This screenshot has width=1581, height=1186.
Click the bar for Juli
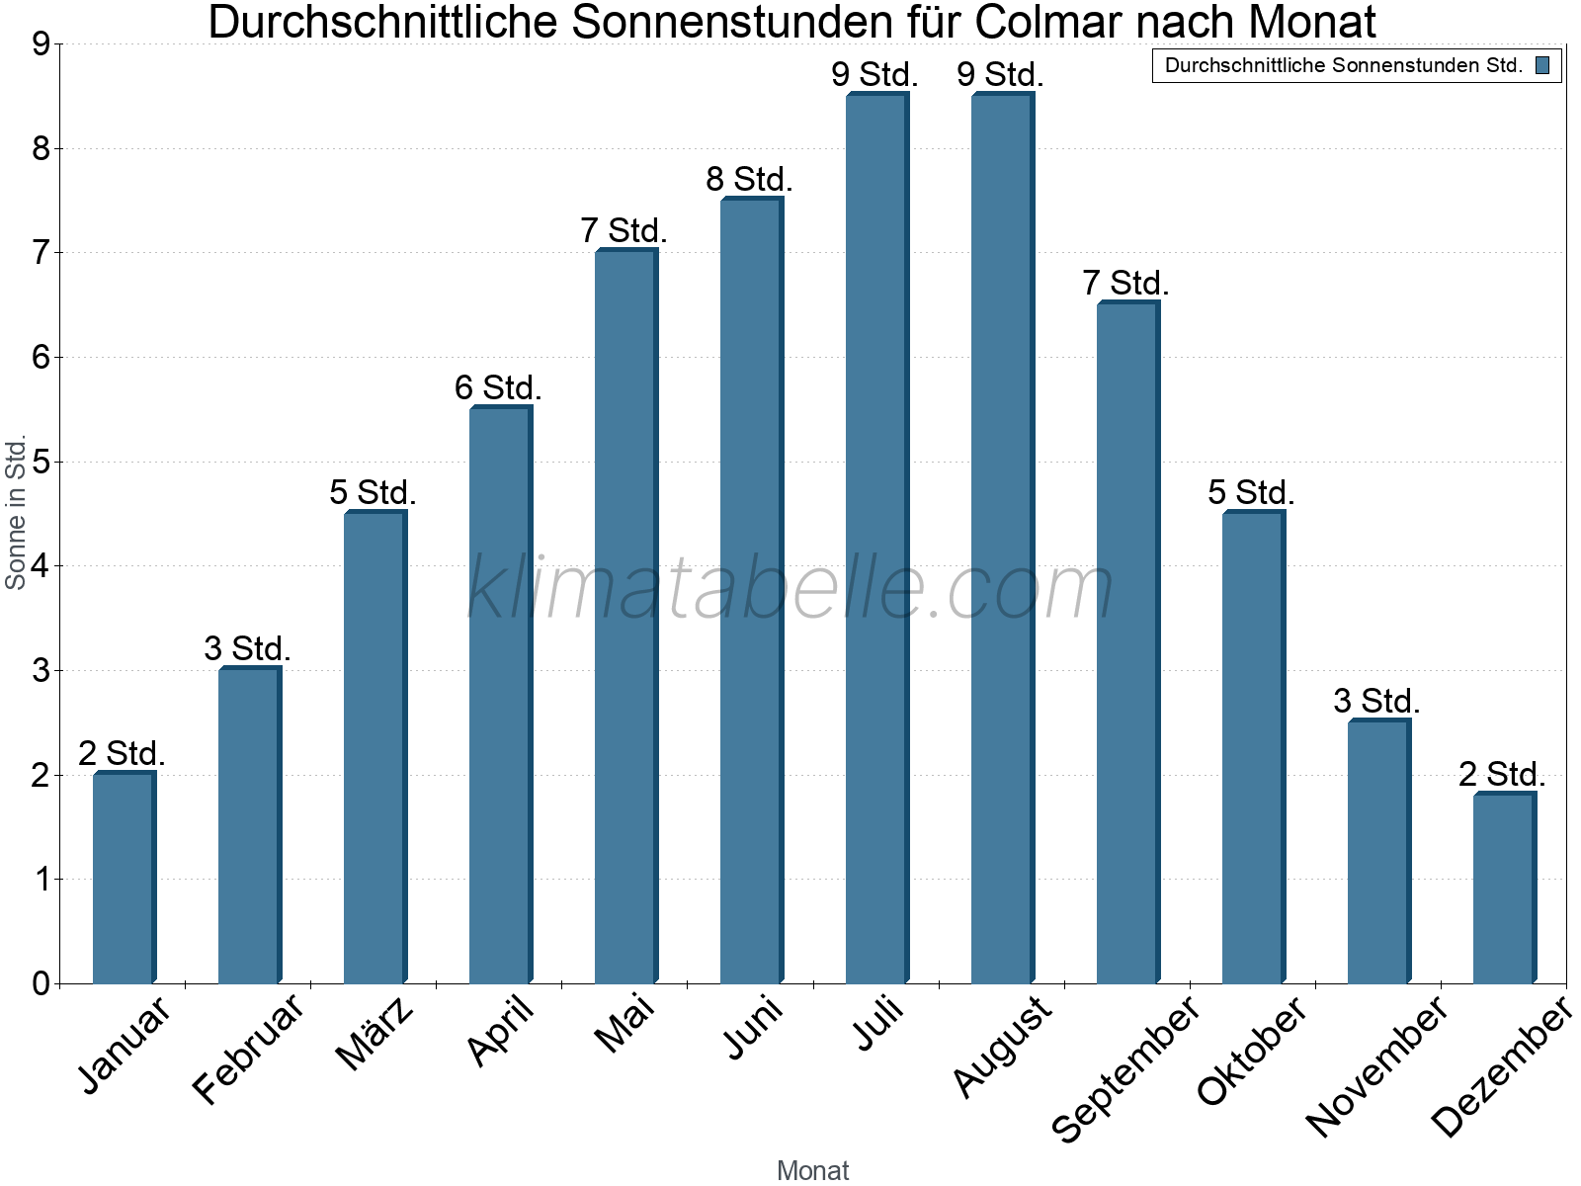876,539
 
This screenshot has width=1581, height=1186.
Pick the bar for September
1127,642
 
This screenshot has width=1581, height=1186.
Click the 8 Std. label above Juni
749,180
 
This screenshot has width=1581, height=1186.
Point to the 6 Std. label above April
498,387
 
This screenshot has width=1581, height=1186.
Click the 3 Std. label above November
1376,702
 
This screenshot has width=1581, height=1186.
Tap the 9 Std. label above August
1000,74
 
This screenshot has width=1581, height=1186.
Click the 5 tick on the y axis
41,462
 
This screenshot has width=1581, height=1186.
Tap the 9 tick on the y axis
41,44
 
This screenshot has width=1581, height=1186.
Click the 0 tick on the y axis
41,983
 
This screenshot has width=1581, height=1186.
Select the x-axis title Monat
812,1170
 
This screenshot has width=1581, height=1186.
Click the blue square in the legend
1542,66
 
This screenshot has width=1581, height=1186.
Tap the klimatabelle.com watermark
790,588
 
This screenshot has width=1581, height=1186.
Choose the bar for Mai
625,618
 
